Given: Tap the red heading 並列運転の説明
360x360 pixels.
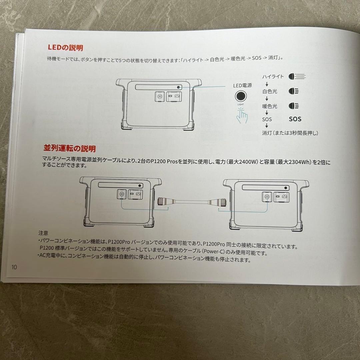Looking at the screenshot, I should click(69, 148).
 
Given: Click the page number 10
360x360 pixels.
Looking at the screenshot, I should click(14, 267).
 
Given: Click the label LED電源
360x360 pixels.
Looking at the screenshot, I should click(242, 86).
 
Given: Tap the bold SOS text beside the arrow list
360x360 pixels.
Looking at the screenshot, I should click(295, 119).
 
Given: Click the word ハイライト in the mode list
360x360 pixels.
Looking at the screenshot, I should click(273, 77).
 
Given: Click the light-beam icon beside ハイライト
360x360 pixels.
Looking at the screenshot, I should click(297, 76).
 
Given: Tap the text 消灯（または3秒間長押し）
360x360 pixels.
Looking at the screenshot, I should click(290, 133).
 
